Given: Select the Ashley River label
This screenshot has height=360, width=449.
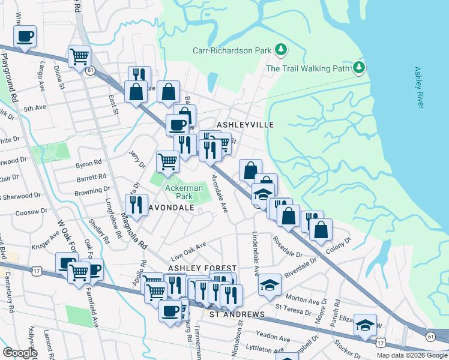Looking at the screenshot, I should click(419, 88).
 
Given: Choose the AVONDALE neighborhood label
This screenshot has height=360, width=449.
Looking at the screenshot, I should click(171, 208).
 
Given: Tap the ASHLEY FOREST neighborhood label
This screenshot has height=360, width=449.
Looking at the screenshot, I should click(202, 268).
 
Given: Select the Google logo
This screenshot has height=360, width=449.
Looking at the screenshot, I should click(20, 353).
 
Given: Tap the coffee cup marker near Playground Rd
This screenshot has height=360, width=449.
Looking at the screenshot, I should click(25, 37).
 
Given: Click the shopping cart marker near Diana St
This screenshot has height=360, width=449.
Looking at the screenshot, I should click(79, 57).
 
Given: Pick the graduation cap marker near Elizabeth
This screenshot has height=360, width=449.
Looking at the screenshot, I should click(364, 325).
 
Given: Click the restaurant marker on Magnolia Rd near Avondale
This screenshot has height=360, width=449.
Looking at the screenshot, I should click(136, 205).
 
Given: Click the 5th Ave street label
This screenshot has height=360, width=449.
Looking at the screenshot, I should click(35, 109).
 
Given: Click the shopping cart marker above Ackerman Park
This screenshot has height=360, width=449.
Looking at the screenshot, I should click(167, 161).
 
